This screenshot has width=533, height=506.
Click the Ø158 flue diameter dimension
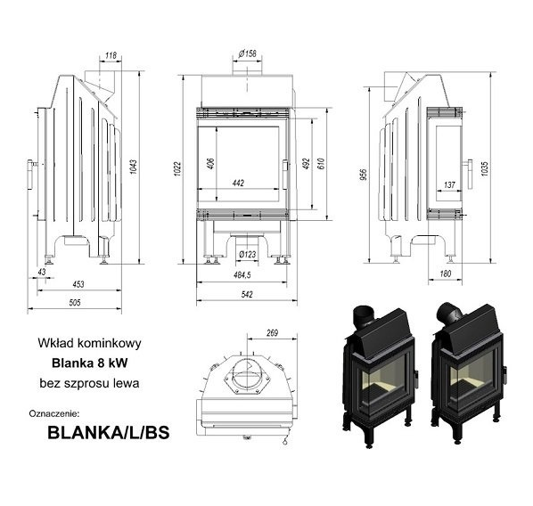click(248, 53)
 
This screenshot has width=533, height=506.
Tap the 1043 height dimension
click(134, 167)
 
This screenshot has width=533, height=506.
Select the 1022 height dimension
click(177, 169)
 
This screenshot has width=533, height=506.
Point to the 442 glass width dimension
click(238, 184)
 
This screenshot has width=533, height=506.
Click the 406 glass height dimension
click(210, 164)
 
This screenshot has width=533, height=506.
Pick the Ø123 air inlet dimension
click(248, 254)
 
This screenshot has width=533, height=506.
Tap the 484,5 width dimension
click(242, 275)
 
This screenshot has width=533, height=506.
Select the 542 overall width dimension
click(247, 294)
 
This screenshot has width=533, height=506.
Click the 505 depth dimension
click(75, 303)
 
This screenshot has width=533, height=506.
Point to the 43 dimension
click(42, 272)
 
